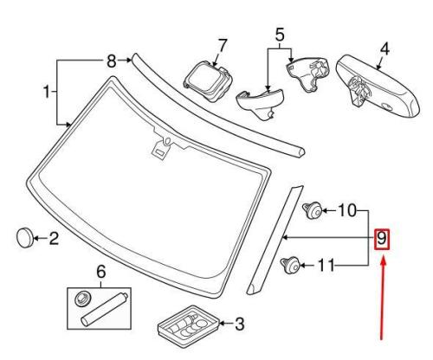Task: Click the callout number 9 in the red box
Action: click(382, 239)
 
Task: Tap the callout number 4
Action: click(385, 49)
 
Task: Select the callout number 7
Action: click(222, 45)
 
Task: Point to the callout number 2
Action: click(54, 239)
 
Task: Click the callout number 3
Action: click(240, 324)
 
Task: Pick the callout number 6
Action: click(100, 272)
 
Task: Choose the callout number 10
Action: click(347, 210)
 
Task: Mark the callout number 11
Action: click(326, 265)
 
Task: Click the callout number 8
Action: click(111, 61)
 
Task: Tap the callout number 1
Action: click(47, 92)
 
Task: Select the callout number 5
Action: click(280, 35)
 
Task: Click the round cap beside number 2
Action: click(25, 237)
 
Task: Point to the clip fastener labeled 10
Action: click(312, 210)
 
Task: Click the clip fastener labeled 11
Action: click(291, 265)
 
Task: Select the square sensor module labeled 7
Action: click(208, 80)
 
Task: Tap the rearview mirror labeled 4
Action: click(378, 87)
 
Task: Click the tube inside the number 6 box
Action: click(104, 309)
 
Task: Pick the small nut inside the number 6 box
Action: click(83, 299)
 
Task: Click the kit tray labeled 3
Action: click(189, 325)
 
